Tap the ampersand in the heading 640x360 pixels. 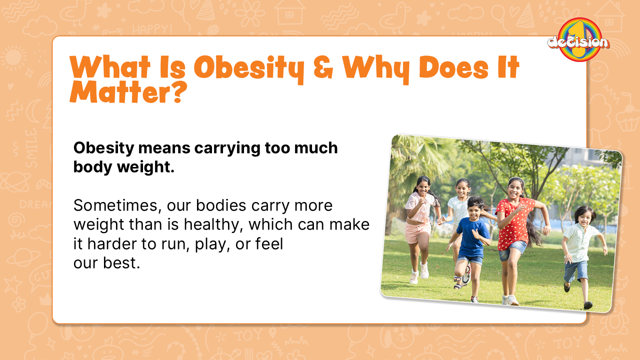coord(323,68)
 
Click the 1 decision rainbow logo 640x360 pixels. coord(578,40)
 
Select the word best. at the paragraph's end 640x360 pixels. coord(122,263)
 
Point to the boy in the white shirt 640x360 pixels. coord(581,240)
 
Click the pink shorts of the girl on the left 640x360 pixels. coord(418,231)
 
